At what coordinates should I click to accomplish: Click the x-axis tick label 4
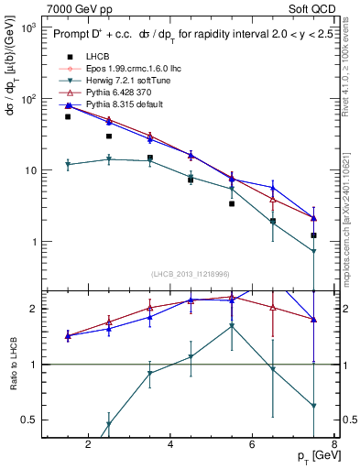[x=170, y=446]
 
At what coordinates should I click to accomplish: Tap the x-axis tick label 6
[x=253, y=446]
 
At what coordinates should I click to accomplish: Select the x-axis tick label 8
[x=334, y=446]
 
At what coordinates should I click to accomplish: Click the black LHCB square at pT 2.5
[x=109, y=136]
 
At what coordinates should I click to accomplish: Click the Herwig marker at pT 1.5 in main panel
[x=68, y=165]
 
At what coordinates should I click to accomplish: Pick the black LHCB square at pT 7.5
[x=313, y=235]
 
